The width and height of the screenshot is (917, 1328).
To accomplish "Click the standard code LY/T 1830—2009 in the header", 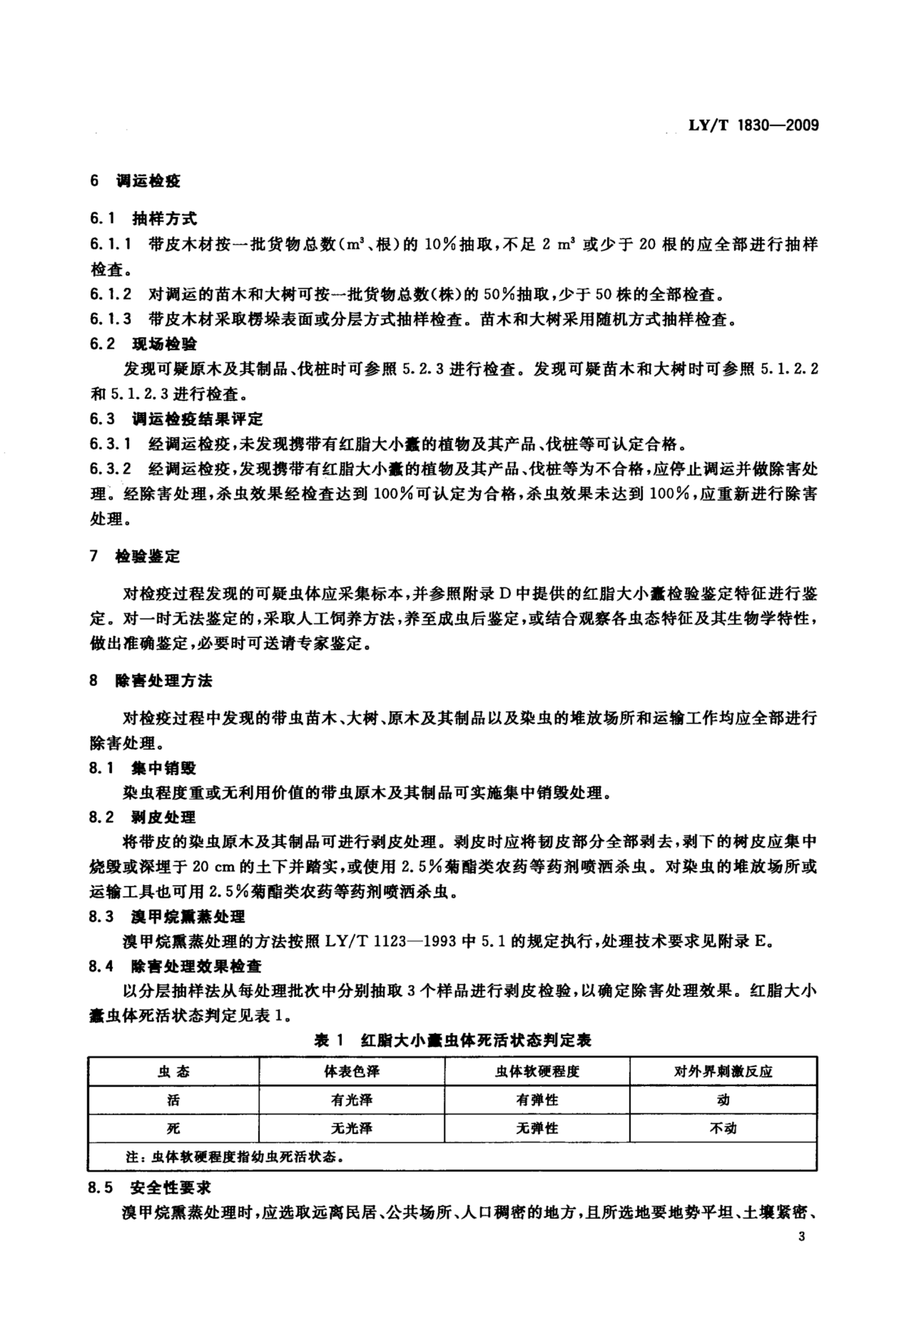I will pyautogui.click(x=753, y=125).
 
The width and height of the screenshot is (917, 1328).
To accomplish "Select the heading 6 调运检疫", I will pyautogui.click(x=136, y=181).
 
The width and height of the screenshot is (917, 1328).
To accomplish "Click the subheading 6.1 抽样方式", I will pyautogui.click(x=144, y=218).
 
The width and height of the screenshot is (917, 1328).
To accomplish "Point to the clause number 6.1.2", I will pyautogui.click(x=110, y=295).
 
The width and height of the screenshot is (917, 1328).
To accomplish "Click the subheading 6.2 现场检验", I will pyautogui.click(x=144, y=344).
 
